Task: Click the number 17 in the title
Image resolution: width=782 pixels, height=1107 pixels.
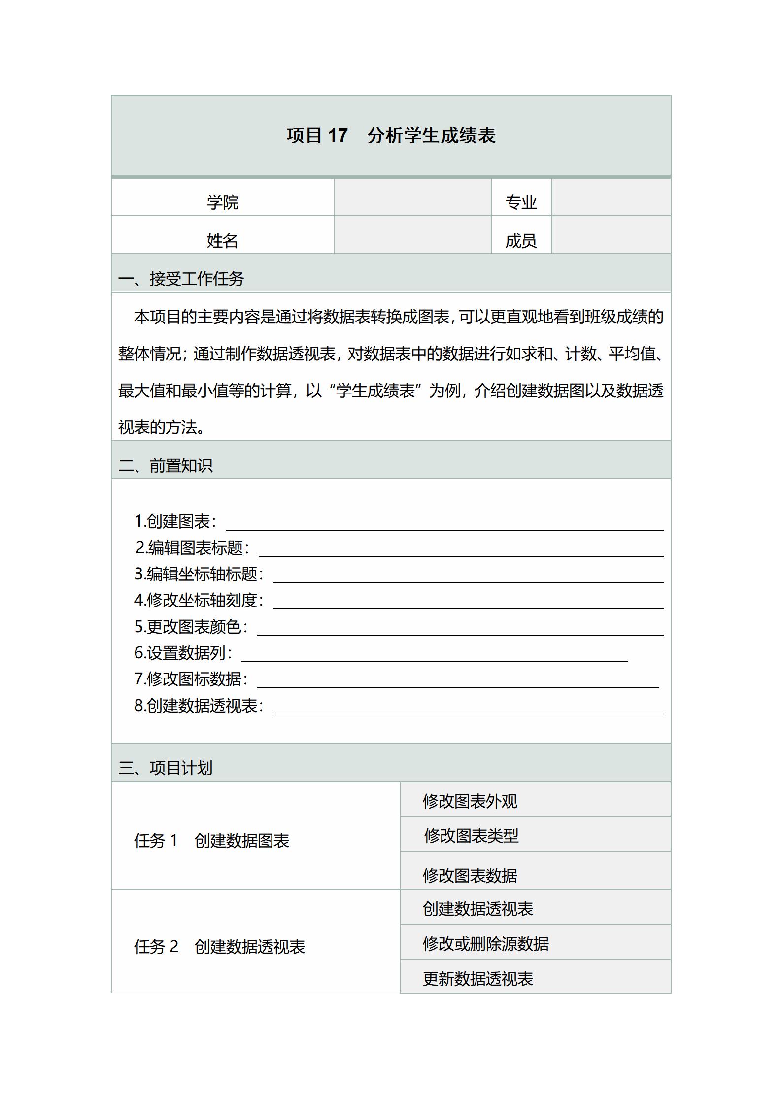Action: point(338,135)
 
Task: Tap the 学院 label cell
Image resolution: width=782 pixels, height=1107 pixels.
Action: point(222,202)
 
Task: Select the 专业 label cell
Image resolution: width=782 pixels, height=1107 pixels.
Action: point(521,202)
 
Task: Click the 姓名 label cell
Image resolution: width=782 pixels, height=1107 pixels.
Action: point(222,240)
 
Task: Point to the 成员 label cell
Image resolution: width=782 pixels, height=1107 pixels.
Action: point(521,240)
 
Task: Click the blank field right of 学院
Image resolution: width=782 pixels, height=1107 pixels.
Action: point(412,197)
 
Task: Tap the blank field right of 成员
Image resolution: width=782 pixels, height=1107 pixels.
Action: point(611,236)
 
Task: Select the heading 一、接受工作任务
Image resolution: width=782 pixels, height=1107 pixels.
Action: point(181,279)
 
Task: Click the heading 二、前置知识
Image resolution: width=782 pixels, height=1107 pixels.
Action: point(166,465)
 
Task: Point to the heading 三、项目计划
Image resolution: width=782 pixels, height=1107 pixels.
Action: point(166,767)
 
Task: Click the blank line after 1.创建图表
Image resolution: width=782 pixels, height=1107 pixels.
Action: point(443,524)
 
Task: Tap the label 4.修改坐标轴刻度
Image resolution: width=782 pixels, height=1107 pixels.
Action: point(199,600)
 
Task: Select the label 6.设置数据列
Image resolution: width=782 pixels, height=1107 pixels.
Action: point(183,653)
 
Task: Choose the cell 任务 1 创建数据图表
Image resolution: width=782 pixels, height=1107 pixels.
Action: point(212,840)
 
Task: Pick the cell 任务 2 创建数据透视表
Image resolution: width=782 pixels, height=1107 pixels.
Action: point(220,946)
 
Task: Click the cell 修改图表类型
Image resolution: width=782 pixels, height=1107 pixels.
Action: point(471,835)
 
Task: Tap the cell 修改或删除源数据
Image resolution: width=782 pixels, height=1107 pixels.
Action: point(485,943)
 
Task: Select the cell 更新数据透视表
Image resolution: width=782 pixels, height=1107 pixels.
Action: point(477,978)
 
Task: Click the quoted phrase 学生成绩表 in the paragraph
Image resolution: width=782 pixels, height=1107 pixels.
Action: point(375,391)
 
